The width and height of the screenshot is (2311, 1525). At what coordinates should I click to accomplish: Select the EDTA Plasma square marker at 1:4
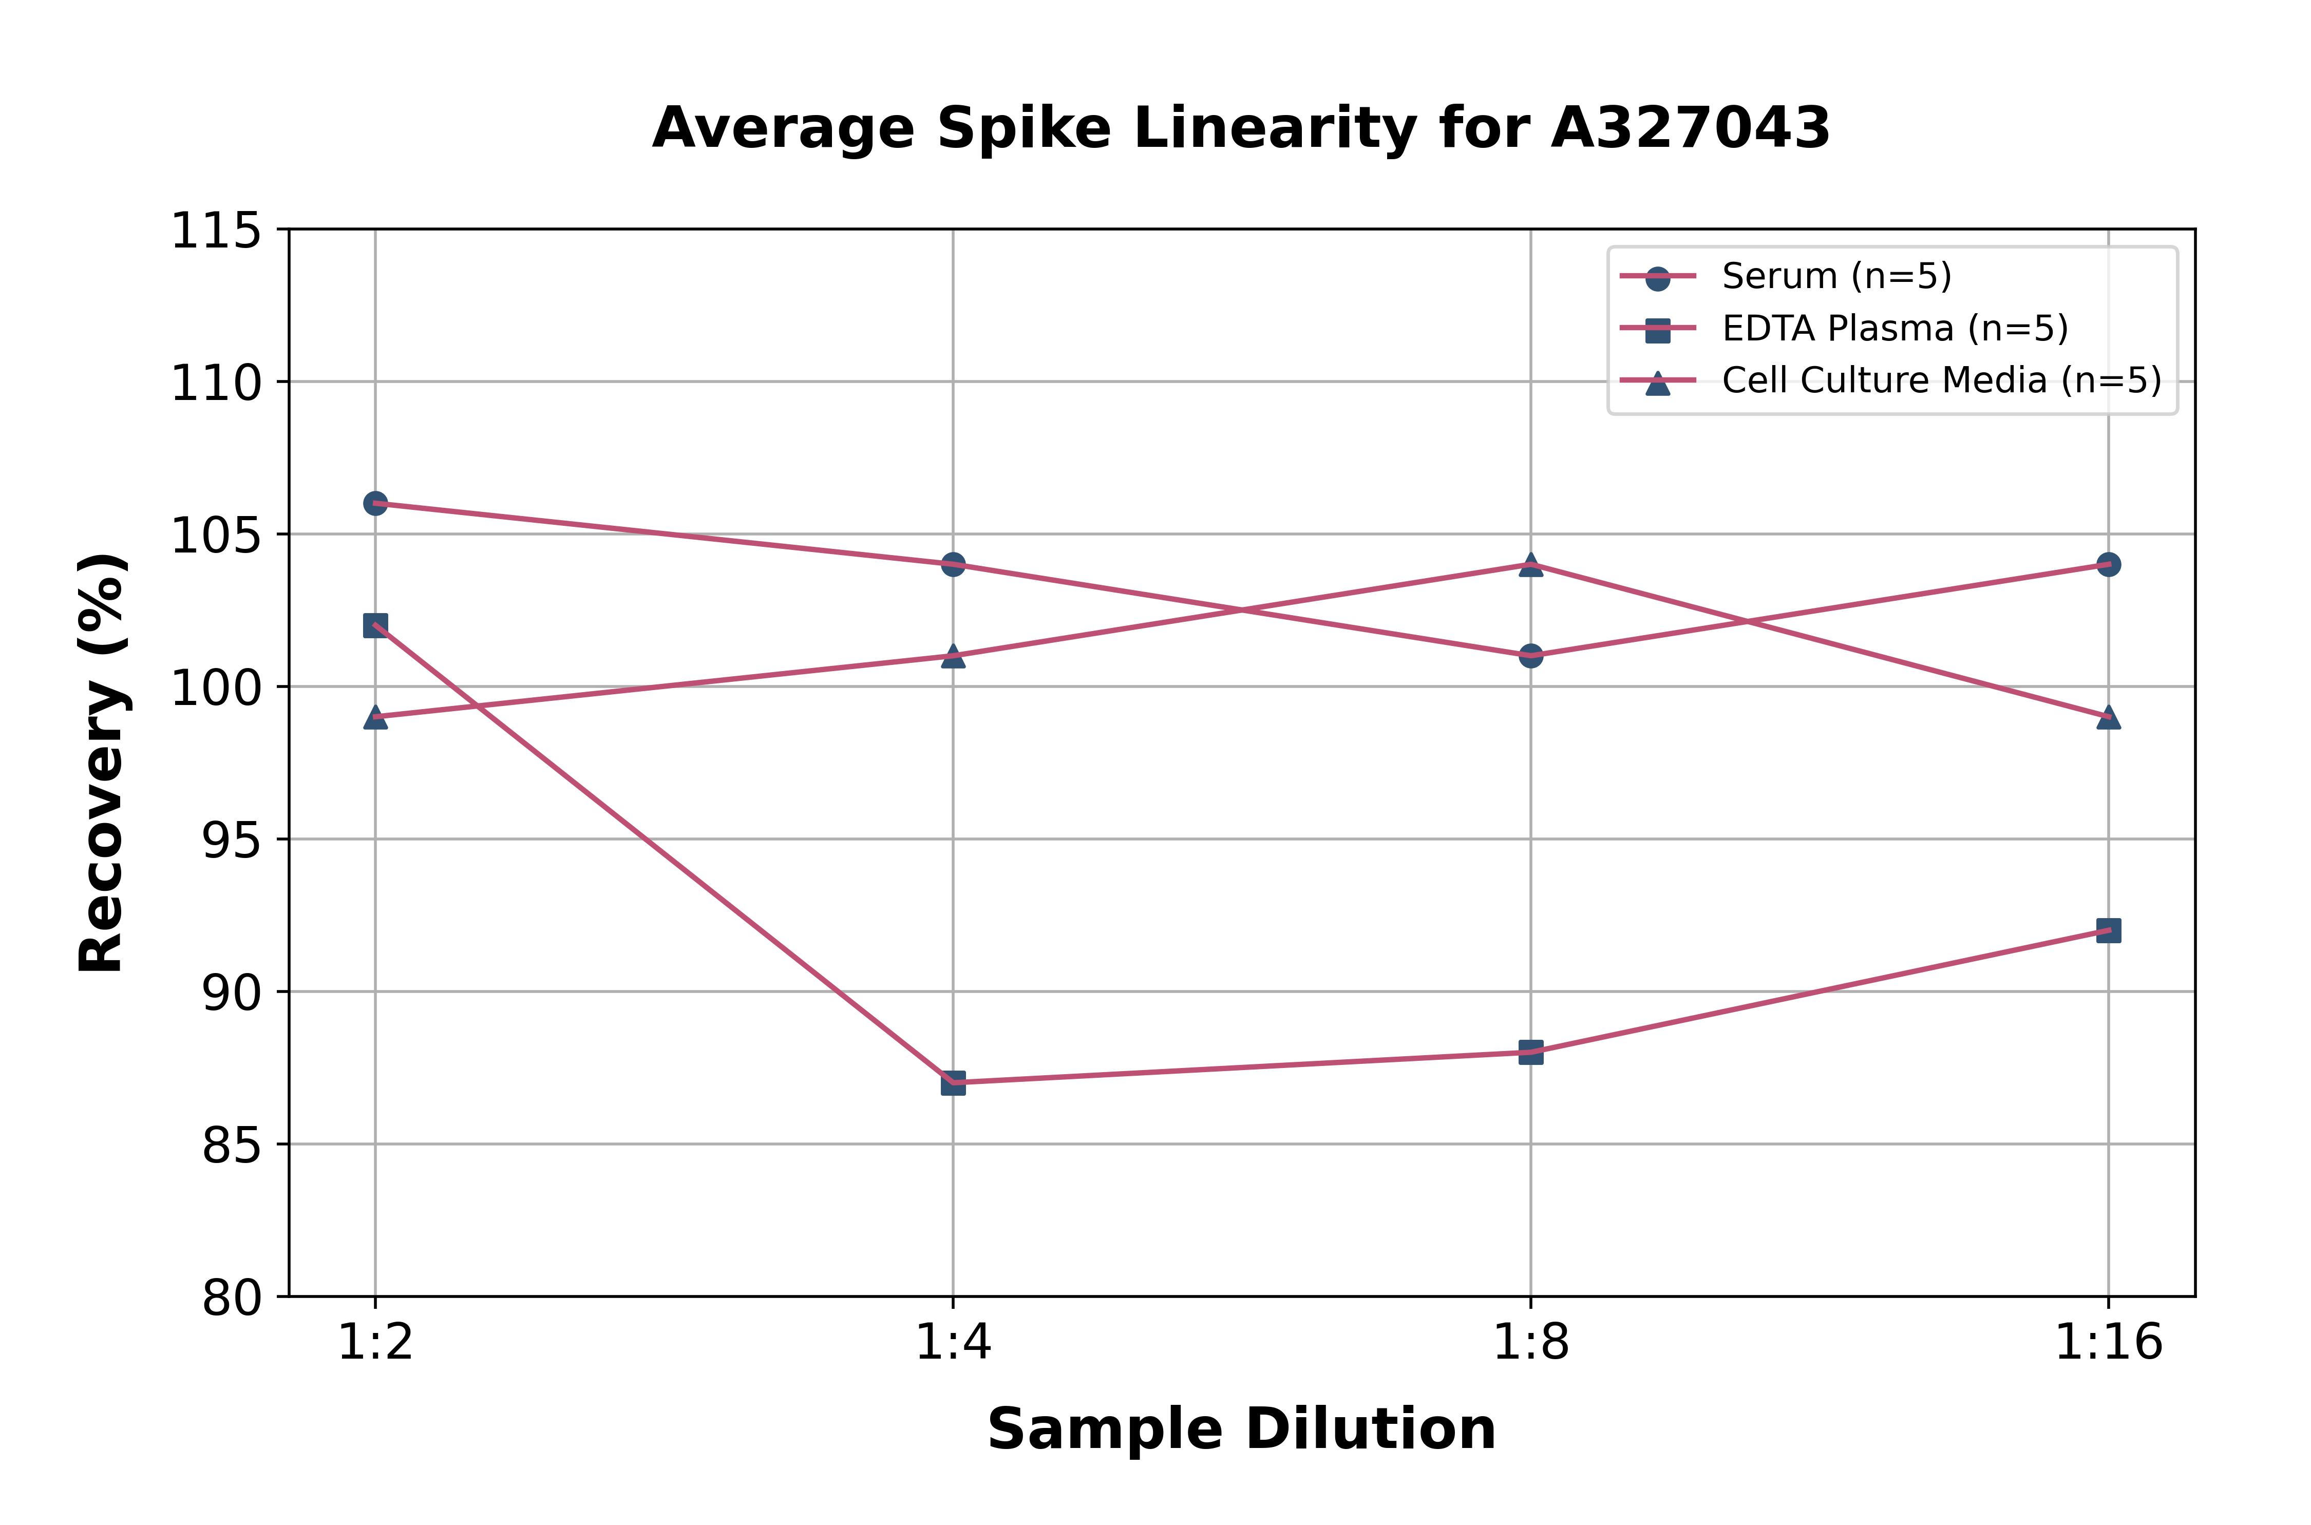pos(953,1082)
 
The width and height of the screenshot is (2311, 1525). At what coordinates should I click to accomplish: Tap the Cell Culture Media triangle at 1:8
pos(1531,565)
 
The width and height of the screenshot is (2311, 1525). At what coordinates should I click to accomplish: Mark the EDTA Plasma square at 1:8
pos(1531,1052)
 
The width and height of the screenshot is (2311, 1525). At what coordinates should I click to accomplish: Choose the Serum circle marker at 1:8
pos(1531,656)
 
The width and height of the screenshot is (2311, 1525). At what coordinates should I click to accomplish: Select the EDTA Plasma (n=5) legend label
pos(1895,329)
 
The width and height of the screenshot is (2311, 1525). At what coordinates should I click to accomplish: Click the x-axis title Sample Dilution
pos(1241,1429)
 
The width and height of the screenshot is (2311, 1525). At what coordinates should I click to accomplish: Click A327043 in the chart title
pos(1691,128)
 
